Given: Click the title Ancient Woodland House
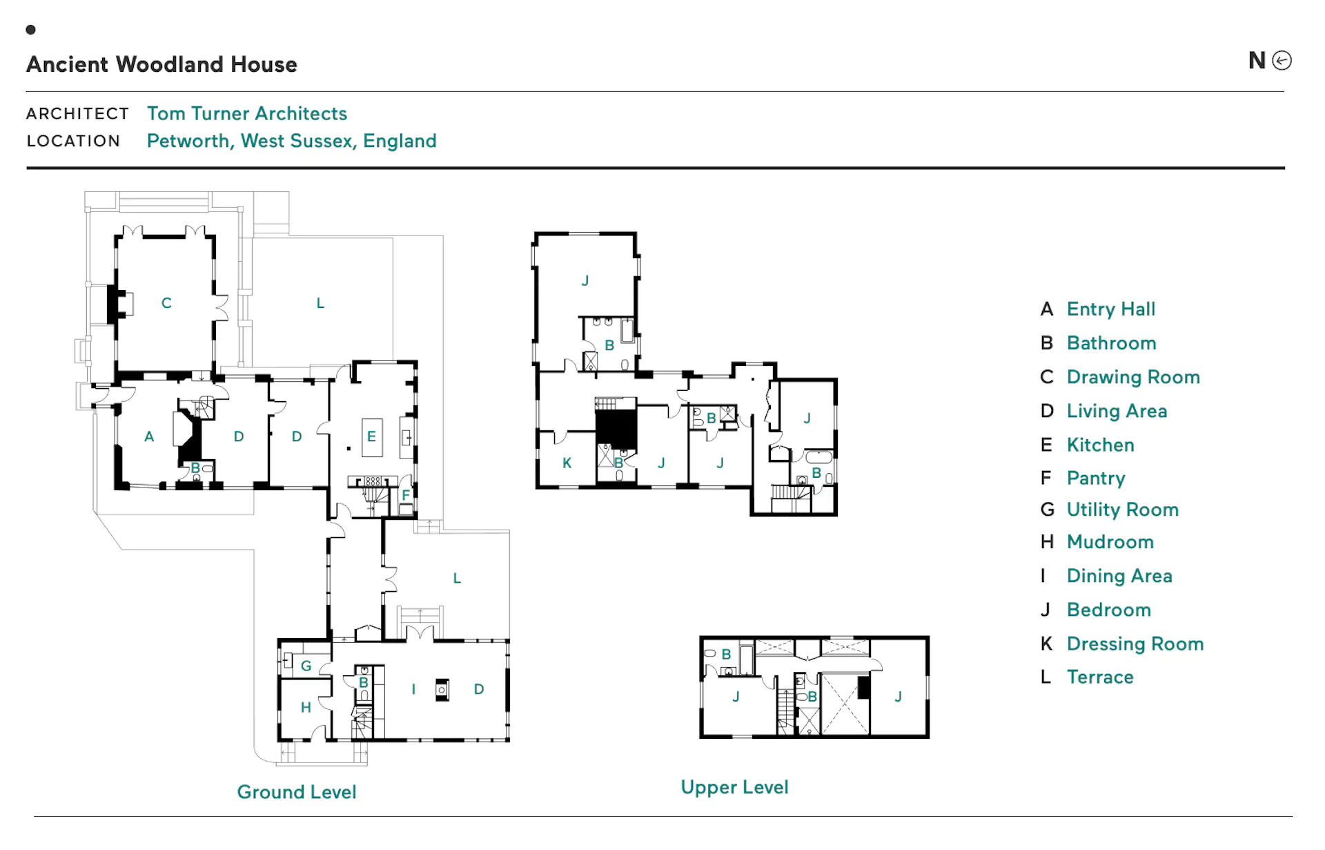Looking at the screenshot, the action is [x=161, y=64].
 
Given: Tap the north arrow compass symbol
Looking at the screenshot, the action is [x=1282, y=61].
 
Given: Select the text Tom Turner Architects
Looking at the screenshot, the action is [x=247, y=113].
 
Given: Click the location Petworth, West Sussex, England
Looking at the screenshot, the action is [x=292, y=141].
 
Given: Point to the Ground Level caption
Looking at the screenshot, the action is [x=297, y=792].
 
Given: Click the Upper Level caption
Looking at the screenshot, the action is [x=734, y=787].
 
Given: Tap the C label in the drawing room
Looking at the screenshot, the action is [x=166, y=303].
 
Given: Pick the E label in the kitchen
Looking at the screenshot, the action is [x=371, y=436].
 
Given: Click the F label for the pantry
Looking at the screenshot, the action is [x=406, y=494].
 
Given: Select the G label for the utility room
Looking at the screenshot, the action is [x=306, y=666].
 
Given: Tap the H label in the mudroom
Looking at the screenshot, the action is [x=306, y=707].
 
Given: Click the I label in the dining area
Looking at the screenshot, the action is [x=413, y=688].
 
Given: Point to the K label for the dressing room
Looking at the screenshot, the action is [x=567, y=463].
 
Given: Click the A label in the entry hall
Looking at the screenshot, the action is [x=149, y=436].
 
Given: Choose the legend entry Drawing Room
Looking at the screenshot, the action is [x=1133, y=377].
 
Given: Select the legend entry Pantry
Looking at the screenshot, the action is [x=1096, y=478].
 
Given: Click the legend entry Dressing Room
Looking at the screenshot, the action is [x=1135, y=644].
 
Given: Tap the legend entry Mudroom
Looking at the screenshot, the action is [x=1110, y=542].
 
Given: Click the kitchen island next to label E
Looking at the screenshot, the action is [x=372, y=437].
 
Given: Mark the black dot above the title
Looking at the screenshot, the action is [x=30, y=30].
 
